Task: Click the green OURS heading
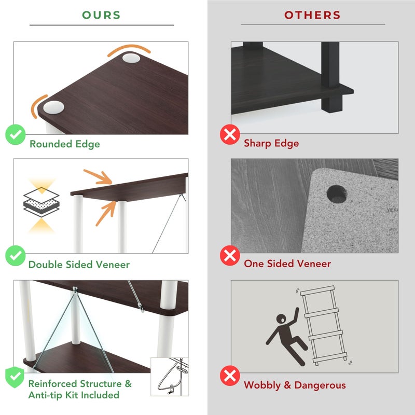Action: tap(101, 15)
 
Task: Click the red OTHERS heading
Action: tap(312, 15)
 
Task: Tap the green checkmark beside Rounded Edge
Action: tap(16, 134)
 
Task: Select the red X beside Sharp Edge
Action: tap(230, 134)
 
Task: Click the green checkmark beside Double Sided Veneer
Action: tap(16, 255)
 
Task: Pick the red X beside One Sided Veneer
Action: tap(230, 255)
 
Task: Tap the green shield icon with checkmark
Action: tap(15, 377)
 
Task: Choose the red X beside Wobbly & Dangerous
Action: tap(230, 376)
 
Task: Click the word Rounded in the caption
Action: tap(51, 144)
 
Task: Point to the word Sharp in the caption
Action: tap(257, 144)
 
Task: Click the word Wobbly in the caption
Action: tap(262, 385)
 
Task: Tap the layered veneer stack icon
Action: tap(41, 202)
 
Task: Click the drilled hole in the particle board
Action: tap(337, 194)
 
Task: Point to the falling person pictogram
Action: tap(287, 337)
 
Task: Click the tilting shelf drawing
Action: tap(323, 326)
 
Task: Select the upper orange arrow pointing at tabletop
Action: tap(98, 176)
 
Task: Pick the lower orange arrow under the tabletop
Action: tap(106, 214)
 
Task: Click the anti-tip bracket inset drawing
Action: tap(170, 377)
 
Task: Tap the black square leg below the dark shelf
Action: tap(332, 103)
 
